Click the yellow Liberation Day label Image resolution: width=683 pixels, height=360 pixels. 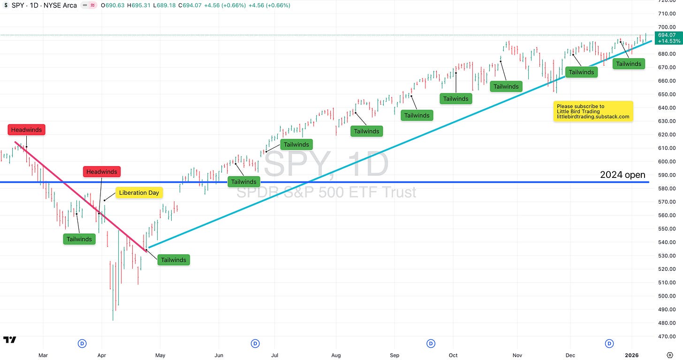[139, 192]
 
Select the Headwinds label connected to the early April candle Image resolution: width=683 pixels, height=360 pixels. [102, 172]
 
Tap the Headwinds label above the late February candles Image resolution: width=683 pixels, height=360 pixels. [27, 130]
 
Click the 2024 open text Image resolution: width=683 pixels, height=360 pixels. [622, 175]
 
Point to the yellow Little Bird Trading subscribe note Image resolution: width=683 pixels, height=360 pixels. [593, 112]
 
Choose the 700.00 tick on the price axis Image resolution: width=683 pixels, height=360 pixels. [666, 27]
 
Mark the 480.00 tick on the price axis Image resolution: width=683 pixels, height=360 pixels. [666, 323]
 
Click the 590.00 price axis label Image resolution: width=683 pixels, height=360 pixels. [666, 175]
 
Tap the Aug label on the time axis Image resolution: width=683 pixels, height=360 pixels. [336, 355]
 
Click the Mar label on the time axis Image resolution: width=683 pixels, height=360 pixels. [43, 355]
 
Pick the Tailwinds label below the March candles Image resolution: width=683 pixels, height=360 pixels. [79, 239]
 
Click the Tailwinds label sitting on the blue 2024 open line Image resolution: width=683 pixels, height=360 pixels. [244, 182]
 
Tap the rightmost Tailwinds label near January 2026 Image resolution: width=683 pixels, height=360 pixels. [628, 64]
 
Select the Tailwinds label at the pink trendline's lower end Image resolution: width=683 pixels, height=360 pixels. [174, 260]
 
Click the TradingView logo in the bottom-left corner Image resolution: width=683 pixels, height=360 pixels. [9, 340]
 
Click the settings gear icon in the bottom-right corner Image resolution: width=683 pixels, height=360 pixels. [669, 355]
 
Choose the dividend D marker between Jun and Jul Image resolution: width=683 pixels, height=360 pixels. [255, 344]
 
